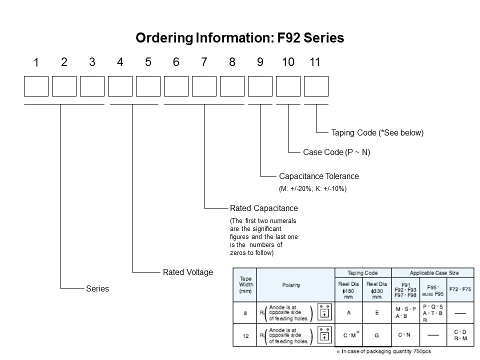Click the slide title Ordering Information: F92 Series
click(240, 38)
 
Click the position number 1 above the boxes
click(36, 63)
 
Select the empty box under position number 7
click(204, 86)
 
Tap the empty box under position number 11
click(316, 86)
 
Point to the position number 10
click(288, 62)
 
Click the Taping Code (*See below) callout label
click(377, 133)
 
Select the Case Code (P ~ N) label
click(336, 152)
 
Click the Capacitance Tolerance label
click(318, 176)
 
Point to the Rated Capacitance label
click(263, 208)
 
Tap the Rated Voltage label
click(187, 272)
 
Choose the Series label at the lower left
click(97, 288)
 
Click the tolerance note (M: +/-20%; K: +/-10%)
click(312, 189)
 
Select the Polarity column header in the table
click(291, 285)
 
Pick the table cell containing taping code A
click(348, 312)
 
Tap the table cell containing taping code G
click(377, 335)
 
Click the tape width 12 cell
click(246, 336)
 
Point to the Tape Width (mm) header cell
click(246, 285)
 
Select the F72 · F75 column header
click(460, 289)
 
